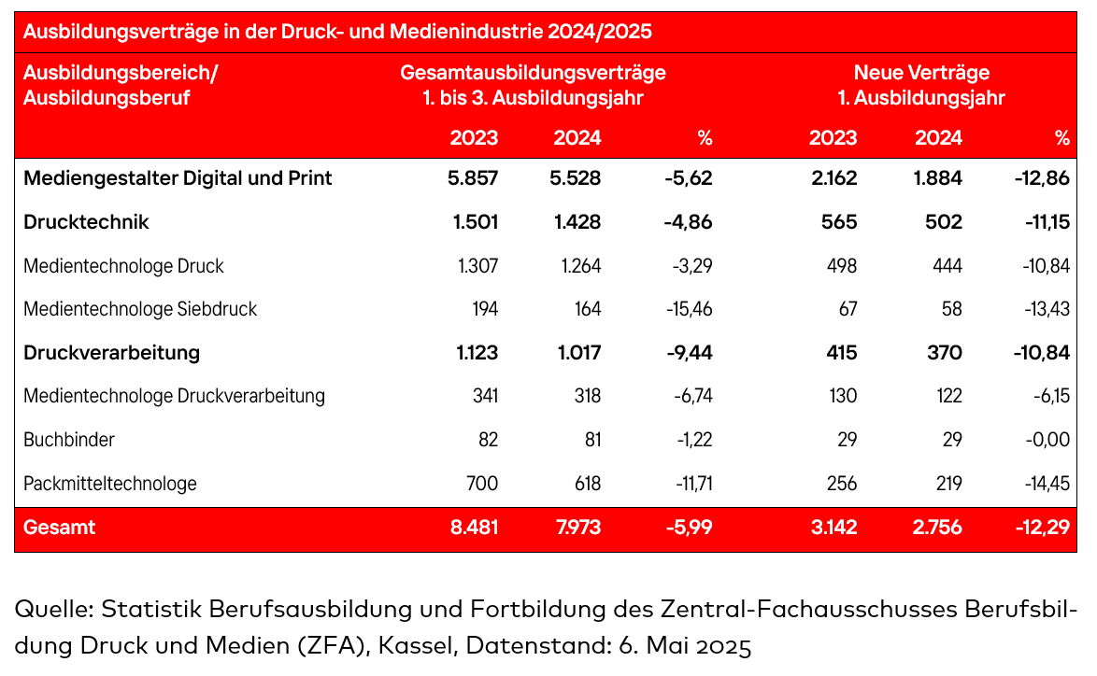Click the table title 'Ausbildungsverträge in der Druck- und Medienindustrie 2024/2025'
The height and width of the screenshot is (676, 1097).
336,32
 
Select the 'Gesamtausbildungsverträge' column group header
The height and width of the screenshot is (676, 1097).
533,73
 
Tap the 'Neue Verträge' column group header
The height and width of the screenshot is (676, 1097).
921,73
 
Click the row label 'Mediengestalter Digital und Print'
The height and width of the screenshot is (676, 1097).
178,177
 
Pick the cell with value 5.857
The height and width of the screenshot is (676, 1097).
473,177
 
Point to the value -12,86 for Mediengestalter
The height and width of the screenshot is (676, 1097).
1041,177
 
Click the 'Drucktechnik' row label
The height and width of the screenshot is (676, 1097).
86,222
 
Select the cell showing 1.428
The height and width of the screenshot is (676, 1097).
577,222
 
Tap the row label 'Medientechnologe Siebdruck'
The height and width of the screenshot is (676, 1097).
140,309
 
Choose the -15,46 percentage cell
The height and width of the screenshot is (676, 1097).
692,309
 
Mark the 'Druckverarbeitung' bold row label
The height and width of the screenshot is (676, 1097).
111,353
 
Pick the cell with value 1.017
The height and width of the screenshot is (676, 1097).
577,353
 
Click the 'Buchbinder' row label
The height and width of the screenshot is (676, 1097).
69,440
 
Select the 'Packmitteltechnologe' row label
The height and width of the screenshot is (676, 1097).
110,484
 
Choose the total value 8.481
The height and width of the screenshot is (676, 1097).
473,528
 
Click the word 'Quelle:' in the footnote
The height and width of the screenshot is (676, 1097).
54,611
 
